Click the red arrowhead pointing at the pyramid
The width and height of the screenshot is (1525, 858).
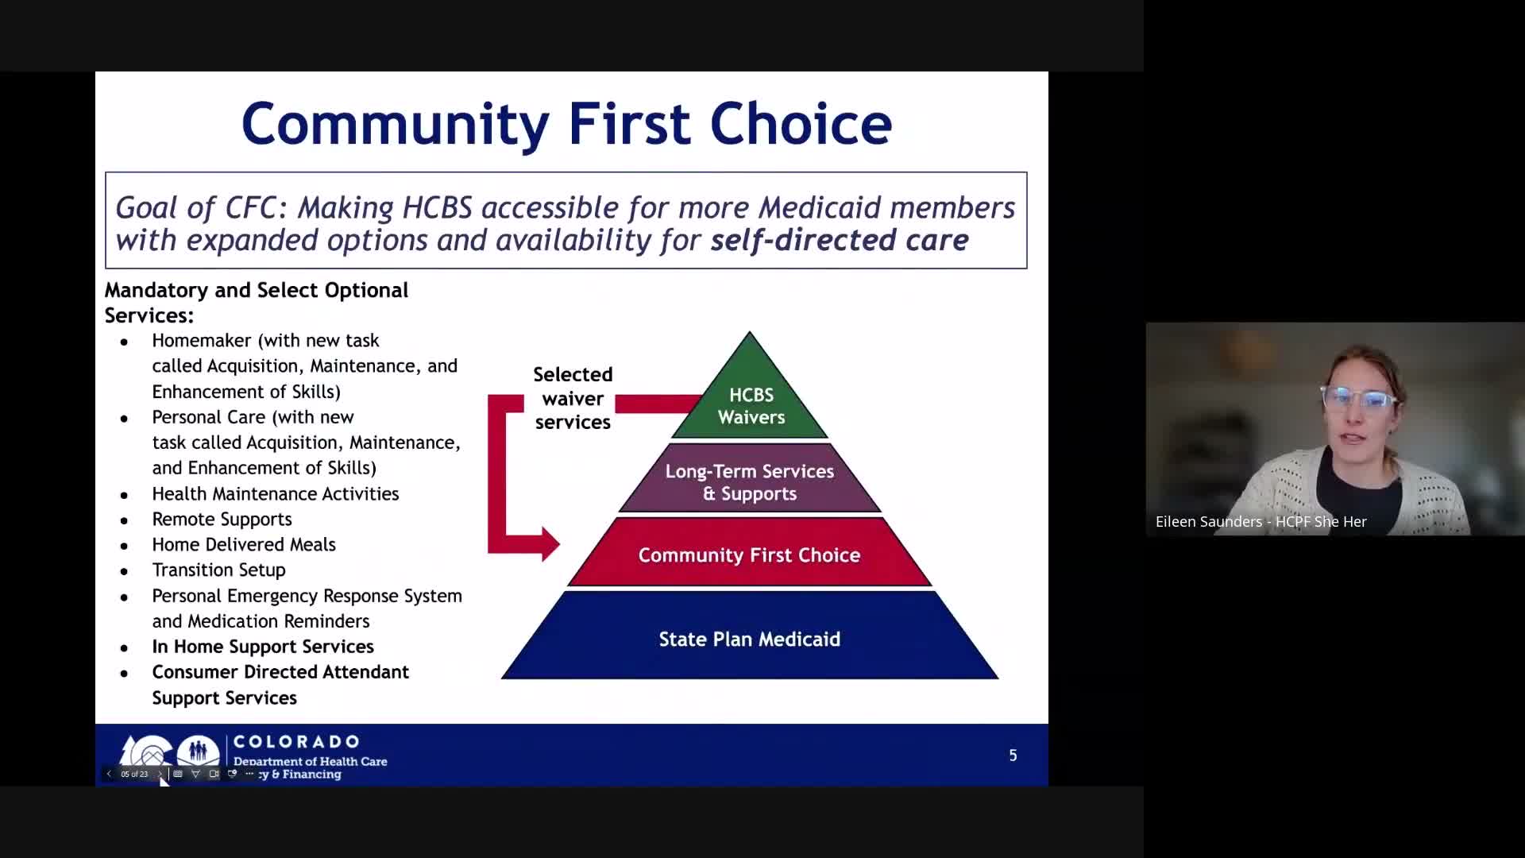click(x=550, y=544)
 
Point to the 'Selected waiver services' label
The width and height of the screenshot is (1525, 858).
click(x=573, y=398)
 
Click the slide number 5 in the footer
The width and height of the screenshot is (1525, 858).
click(x=1013, y=756)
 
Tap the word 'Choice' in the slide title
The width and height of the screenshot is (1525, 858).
click(x=801, y=124)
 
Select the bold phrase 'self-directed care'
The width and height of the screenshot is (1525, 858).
click(x=840, y=240)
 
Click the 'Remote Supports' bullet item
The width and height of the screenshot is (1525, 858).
click(x=222, y=519)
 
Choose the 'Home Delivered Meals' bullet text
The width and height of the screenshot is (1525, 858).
click(x=244, y=544)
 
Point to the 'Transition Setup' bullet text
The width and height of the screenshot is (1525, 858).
click(x=218, y=570)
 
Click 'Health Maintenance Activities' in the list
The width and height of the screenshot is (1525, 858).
click(x=276, y=493)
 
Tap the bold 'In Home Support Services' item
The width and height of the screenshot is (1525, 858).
click(x=263, y=647)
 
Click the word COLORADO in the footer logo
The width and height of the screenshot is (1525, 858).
click(x=296, y=741)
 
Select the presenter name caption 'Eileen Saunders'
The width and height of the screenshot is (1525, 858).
click(x=1209, y=522)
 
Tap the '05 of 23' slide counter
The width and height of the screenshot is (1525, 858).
click(x=134, y=774)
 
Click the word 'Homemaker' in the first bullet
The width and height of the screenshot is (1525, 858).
click(x=202, y=340)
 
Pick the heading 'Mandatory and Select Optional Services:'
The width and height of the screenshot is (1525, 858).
click(x=257, y=303)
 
